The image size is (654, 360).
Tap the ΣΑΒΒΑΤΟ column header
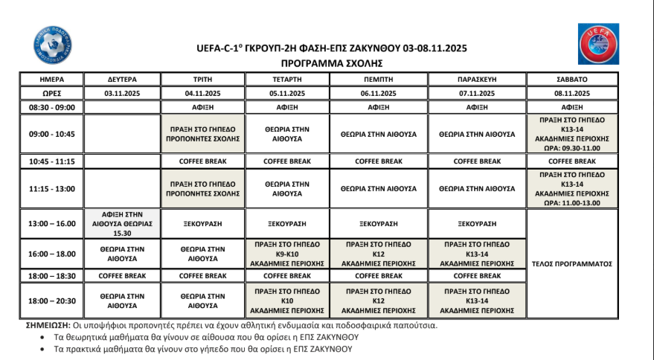coord(571,79)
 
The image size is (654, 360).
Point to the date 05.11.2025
coord(287,93)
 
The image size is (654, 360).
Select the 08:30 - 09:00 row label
coord(51,107)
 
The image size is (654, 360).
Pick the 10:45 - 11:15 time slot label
coord(51,161)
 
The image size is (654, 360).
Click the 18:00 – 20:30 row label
coord(51,300)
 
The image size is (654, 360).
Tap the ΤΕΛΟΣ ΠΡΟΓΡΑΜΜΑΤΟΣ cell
coord(571,263)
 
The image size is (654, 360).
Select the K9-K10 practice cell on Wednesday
coord(287,254)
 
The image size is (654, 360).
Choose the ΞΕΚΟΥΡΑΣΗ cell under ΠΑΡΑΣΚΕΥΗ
coord(477,222)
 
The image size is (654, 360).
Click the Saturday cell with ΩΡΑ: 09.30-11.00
coord(571,134)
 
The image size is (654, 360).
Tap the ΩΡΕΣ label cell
coord(51,93)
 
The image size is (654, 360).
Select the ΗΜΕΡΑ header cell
coord(51,79)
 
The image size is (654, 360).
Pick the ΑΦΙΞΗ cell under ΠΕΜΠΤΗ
coord(379,107)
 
